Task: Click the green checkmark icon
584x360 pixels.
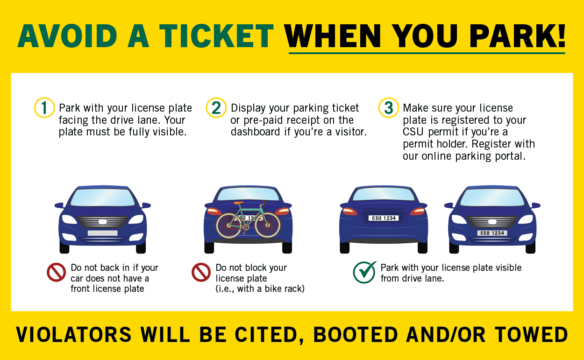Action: pos(365,272)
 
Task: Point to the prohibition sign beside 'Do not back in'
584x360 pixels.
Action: pos(57,272)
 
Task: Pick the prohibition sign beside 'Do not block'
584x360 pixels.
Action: pos(201,272)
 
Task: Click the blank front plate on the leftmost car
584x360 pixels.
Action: pos(102,233)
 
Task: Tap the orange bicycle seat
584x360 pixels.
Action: pos(238,202)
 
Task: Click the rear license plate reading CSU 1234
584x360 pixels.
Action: pos(384,218)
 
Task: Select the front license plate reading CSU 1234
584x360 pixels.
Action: pos(492,233)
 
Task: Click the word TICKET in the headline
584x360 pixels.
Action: pos(216,36)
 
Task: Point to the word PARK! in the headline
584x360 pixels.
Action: pos(517,36)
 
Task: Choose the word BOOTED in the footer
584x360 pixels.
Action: pos(356,334)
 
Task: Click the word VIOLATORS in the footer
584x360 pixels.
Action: pos(73,334)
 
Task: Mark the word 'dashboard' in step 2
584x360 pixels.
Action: pos(255,132)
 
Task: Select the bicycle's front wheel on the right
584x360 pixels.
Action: pos(268,225)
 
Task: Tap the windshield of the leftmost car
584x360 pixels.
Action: pos(102,197)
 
